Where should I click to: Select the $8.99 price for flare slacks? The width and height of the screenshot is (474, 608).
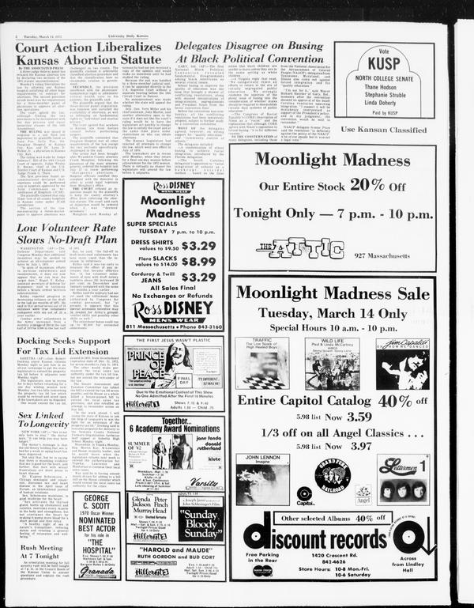pos(197,261)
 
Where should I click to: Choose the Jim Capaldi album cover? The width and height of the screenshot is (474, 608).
pos(403,364)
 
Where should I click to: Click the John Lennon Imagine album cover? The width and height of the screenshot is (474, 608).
pos(262,479)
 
